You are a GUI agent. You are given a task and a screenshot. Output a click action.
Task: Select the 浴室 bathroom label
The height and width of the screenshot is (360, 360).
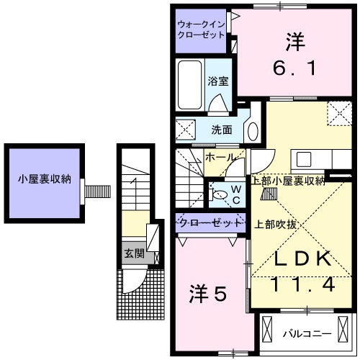pyautogui.click(x=218, y=81)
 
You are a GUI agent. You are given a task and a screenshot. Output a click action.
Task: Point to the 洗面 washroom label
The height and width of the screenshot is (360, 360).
pyautogui.click(x=221, y=130)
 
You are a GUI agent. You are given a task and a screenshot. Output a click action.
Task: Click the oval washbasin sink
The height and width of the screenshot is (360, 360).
pyautogui.click(x=252, y=131)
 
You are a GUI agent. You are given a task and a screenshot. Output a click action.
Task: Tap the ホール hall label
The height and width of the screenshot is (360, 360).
pyautogui.click(x=219, y=156)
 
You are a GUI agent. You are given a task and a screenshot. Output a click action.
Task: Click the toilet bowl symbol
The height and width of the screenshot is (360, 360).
pyautogui.click(x=220, y=192)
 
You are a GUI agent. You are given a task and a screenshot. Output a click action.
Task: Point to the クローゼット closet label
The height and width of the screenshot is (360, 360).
pyautogui.click(x=210, y=223)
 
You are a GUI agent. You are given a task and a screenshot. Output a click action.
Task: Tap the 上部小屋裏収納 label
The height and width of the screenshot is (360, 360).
pyautogui.click(x=288, y=180)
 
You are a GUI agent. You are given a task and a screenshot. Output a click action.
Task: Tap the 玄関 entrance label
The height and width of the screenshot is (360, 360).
pyautogui.click(x=134, y=253)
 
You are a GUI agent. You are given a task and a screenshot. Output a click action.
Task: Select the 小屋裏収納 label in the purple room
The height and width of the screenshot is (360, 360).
pyautogui.click(x=45, y=179)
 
